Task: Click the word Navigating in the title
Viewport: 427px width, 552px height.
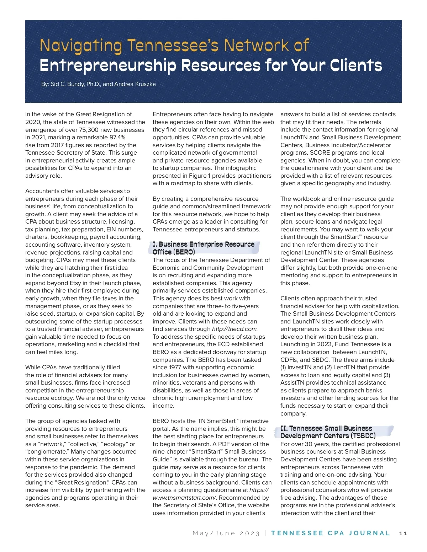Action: (81, 46)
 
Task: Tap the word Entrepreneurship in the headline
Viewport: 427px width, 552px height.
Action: (107, 66)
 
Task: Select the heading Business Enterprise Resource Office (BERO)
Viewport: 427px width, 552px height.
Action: (204, 248)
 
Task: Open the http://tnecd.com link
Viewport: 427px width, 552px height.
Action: (234, 329)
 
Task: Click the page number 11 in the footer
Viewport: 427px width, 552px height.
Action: (403, 534)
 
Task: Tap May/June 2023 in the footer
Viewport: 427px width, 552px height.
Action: (226, 534)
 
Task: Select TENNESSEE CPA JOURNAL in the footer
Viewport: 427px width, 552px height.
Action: (330, 534)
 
